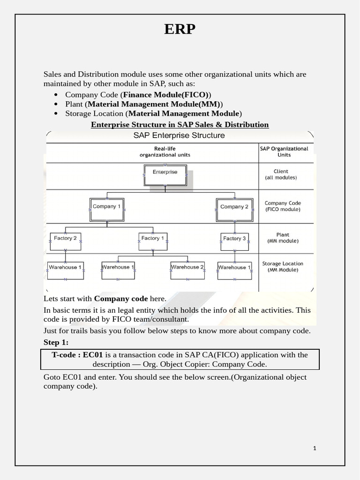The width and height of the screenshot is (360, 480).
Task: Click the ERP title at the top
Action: [180, 29]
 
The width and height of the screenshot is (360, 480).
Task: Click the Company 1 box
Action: [107, 208]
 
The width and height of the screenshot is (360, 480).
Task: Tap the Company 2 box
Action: [234, 208]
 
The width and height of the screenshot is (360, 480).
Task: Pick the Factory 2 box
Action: [65, 240]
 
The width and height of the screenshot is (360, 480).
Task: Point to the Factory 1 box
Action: [153, 240]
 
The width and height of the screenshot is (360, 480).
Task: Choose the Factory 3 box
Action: [234, 240]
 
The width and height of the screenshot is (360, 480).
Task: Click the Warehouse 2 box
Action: [187, 269]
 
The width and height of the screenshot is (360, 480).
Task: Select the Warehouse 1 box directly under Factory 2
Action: [65, 269]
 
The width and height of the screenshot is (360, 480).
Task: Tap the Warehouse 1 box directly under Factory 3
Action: [234, 269]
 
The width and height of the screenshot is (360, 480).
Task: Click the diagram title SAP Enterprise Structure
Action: [179, 135]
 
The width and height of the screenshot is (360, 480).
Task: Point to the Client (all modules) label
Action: [281, 174]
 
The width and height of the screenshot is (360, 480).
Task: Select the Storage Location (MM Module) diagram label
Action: [283, 267]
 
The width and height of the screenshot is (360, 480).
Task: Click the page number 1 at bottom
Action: [315, 448]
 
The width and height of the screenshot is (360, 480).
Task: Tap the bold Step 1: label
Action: [56, 342]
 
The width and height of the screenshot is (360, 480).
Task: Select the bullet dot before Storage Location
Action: [56, 113]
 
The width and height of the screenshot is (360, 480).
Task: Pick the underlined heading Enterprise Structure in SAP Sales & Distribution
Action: [180, 125]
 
